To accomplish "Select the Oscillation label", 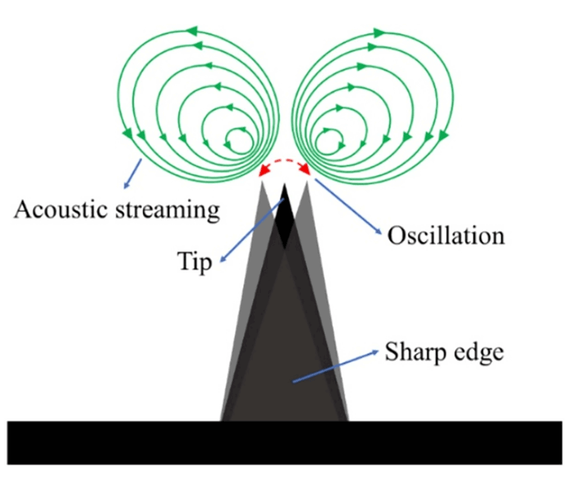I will pyautogui.click(x=446, y=235).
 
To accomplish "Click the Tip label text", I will pyautogui.click(x=195, y=261).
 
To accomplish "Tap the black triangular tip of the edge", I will pyautogui.click(x=285, y=215).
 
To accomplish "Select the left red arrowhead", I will pyautogui.click(x=263, y=171).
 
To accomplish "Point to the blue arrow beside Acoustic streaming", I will pyautogui.click(x=131, y=173).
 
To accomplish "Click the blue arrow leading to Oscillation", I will pyautogui.click(x=349, y=208).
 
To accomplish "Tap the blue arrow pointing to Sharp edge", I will pyautogui.click(x=334, y=366).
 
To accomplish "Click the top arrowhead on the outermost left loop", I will pyautogui.click(x=191, y=30).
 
